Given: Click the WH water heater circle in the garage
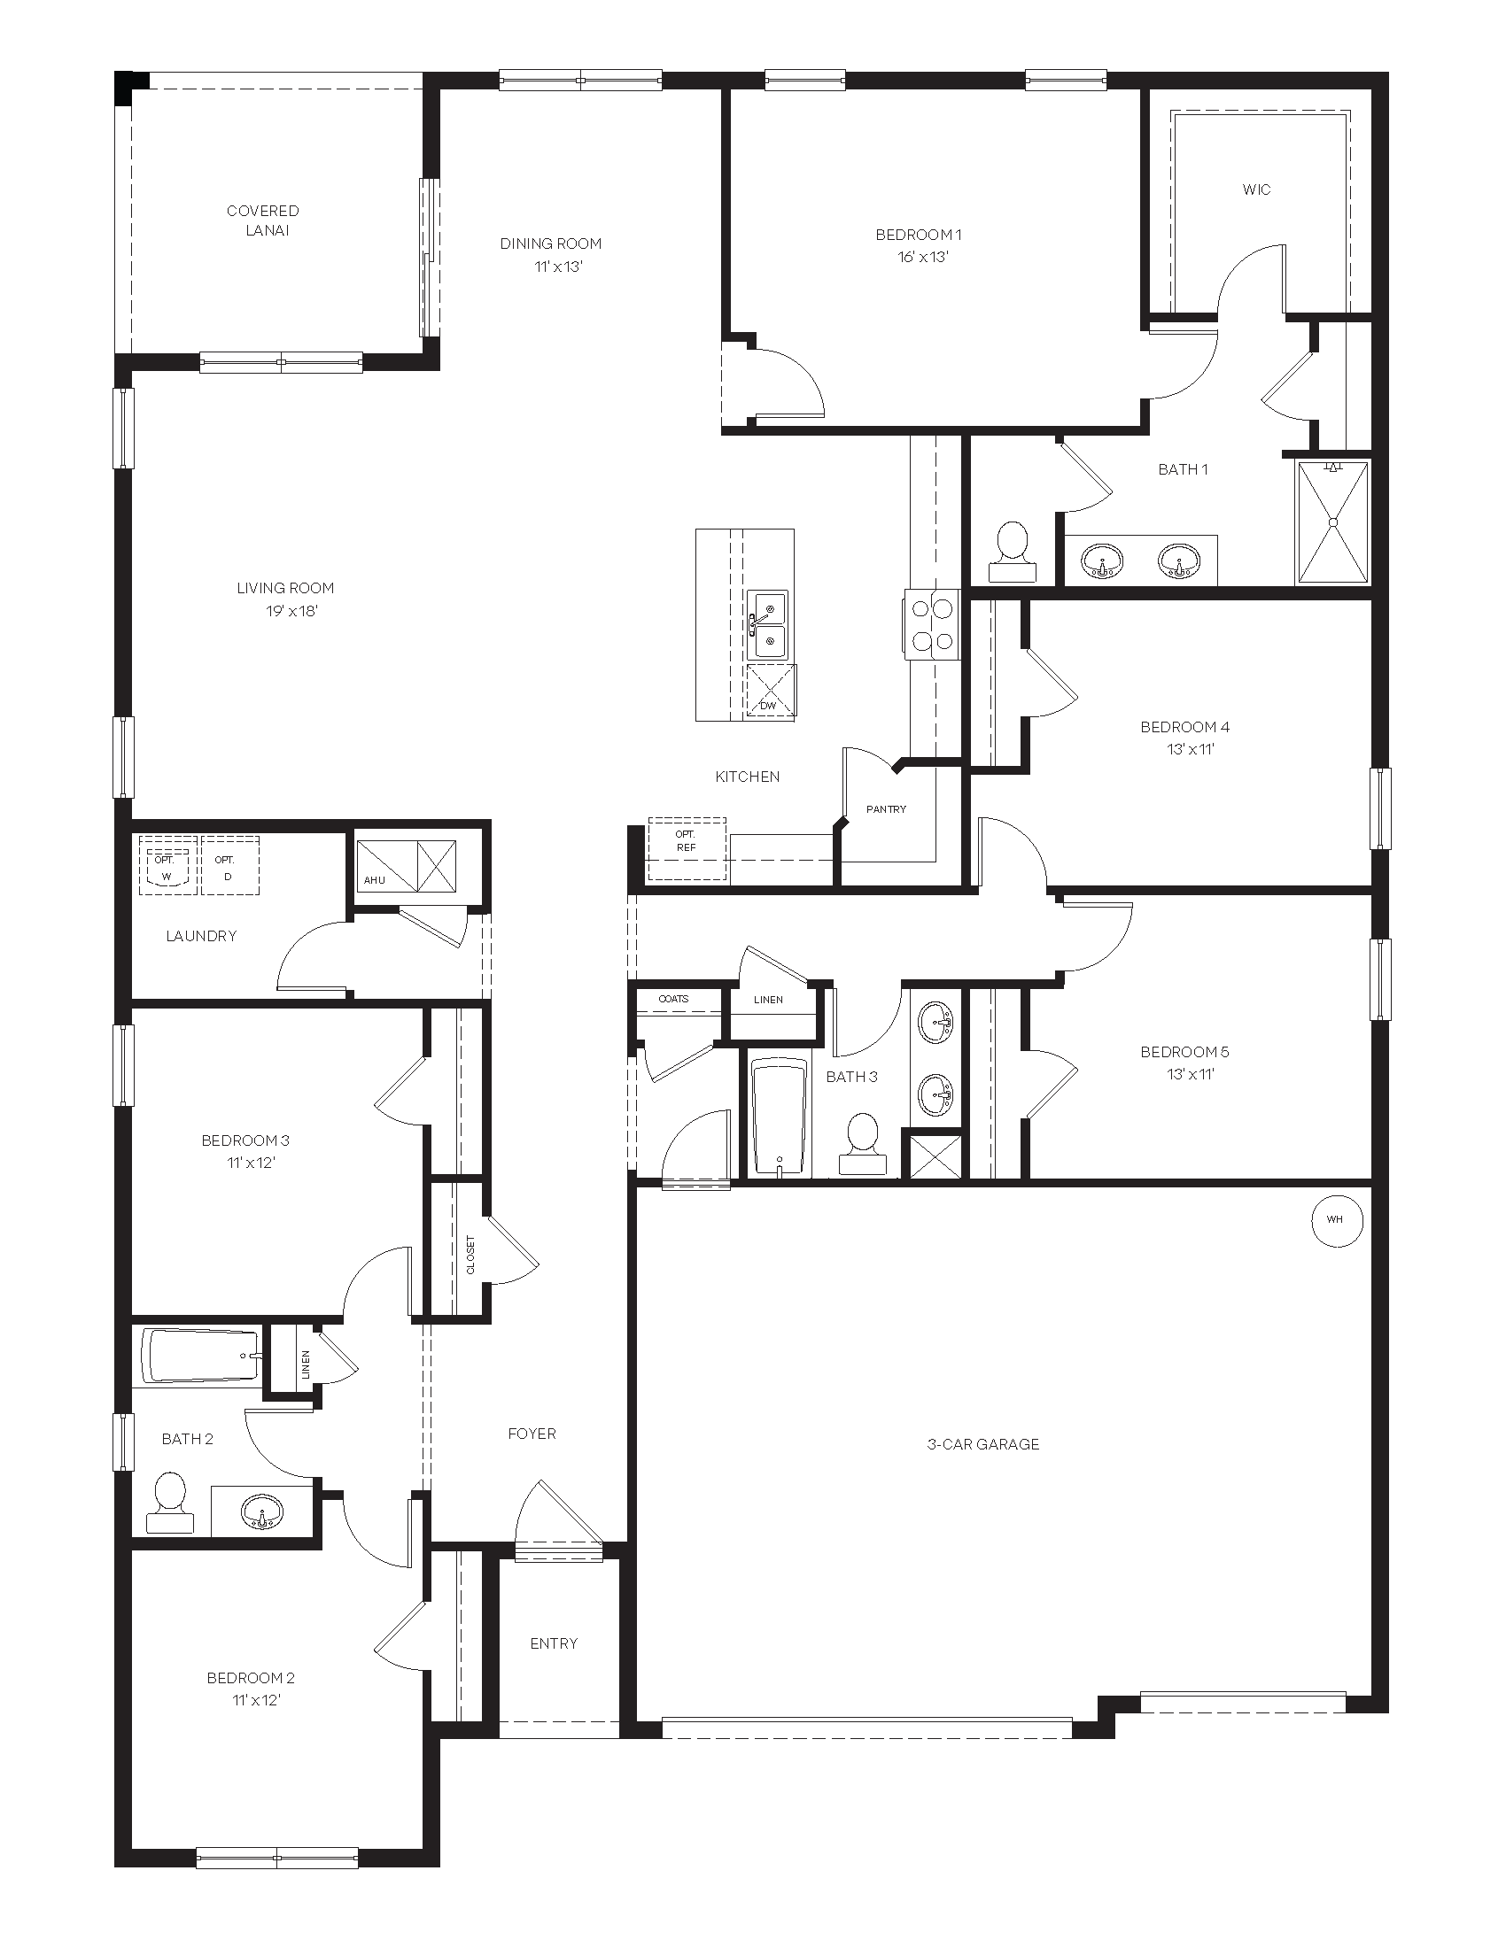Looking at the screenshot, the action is tap(1337, 1219).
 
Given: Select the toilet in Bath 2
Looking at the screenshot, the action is tap(169, 1503).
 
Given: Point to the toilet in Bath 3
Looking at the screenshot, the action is tap(863, 1143).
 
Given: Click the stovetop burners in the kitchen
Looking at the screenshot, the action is tap(931, 624).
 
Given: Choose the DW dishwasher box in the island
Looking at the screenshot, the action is tap(770, 691).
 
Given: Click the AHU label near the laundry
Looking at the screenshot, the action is tap(375, 880).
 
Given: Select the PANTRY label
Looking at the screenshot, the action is tap(886, 809).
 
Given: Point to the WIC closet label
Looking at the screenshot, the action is tap(1256, 189).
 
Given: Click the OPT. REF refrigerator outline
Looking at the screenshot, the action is tap(686, 848).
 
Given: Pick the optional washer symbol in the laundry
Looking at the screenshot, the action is tap(166, 864).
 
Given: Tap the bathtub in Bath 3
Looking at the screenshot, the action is tap(780, 1117).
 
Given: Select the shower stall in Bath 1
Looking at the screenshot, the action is tap(1333, 522).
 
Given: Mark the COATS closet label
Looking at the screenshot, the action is tap(673, 999).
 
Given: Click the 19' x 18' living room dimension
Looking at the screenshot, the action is tap(291, 611).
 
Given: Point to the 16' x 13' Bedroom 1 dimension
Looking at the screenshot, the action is tap(922, 257).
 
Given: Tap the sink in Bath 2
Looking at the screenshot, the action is tap(261, 1510).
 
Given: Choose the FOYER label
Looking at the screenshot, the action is tap(532, 1434).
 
